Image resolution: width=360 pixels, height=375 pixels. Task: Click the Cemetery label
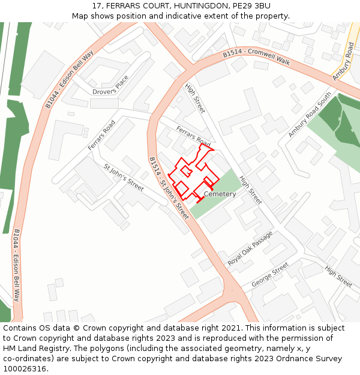[220, 194]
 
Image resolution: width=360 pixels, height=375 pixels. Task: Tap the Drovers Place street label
[110, 88]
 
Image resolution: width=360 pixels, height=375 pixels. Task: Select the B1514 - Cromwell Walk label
[256, 56]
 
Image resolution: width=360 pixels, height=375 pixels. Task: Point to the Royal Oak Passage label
[250, 249]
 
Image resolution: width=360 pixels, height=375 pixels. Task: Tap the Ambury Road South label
[309, 115]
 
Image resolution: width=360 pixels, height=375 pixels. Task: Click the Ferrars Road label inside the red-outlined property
[193, 136]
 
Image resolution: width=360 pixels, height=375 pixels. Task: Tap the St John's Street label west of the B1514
[124, 178]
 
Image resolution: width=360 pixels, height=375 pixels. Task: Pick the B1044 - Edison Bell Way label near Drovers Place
[70, 80]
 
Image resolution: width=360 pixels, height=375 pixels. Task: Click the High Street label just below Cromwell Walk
[196, 98]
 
